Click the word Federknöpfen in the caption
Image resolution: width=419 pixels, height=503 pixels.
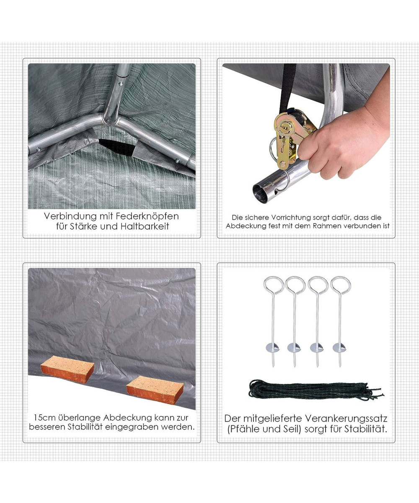point(147,216)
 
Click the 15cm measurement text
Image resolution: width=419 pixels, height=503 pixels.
point(43,417)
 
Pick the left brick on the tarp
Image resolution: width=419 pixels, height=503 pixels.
point(67,370)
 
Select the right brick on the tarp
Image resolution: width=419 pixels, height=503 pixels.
point(155,389)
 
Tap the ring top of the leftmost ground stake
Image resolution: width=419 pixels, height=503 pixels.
point(274,285)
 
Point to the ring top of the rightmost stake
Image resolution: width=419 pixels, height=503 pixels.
point(341,285)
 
